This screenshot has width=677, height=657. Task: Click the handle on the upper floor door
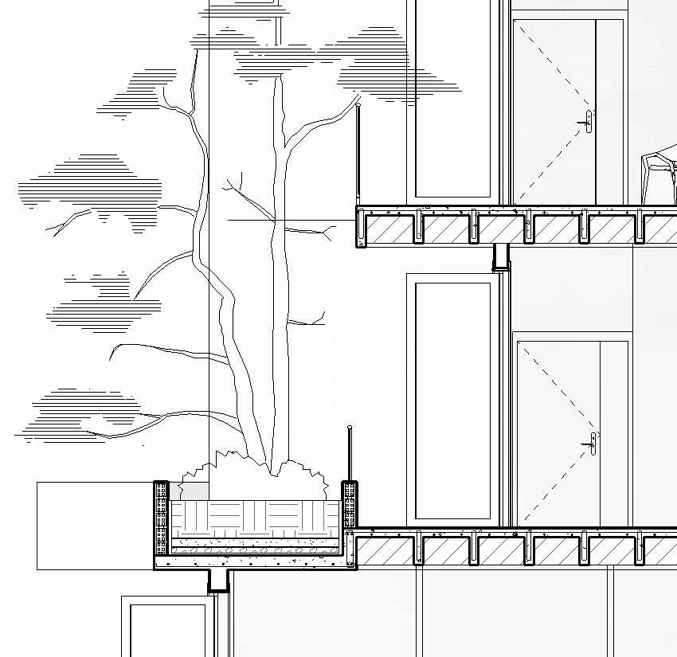pos(589,122)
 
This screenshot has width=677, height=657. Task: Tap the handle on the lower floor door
pos(593,443)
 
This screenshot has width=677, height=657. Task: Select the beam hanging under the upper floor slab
pos(501,257)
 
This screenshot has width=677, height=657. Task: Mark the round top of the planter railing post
pos(350,429)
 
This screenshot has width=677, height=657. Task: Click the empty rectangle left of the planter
pos(94,526)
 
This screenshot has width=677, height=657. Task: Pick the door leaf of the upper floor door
pos(554,111)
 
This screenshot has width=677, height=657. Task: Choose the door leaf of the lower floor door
pos(558,434)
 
